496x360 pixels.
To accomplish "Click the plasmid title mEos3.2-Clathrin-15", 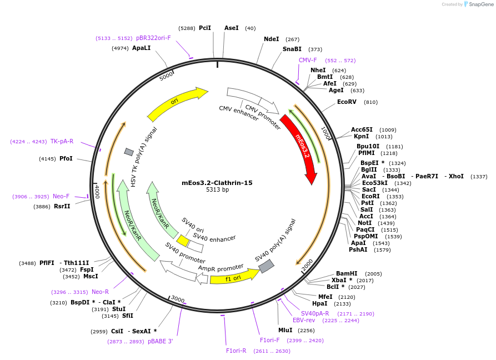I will point(217,183).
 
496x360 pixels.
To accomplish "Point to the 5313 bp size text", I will point(217,190).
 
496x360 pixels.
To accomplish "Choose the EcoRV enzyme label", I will point(347,102).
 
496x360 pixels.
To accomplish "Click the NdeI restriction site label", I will point(272,39).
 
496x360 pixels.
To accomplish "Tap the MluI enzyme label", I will point(285,330).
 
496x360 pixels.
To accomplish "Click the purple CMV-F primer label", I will point(308,60).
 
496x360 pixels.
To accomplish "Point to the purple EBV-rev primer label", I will point(304,320).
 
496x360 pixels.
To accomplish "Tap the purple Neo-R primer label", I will point(100,292).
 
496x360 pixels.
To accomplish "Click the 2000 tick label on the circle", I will point(307,266).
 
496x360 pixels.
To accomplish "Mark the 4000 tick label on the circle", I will point(97,192).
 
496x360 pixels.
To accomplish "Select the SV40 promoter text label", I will point(185,253).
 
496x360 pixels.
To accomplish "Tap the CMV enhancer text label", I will point(239,113).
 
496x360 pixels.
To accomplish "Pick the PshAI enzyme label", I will point(358,249).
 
